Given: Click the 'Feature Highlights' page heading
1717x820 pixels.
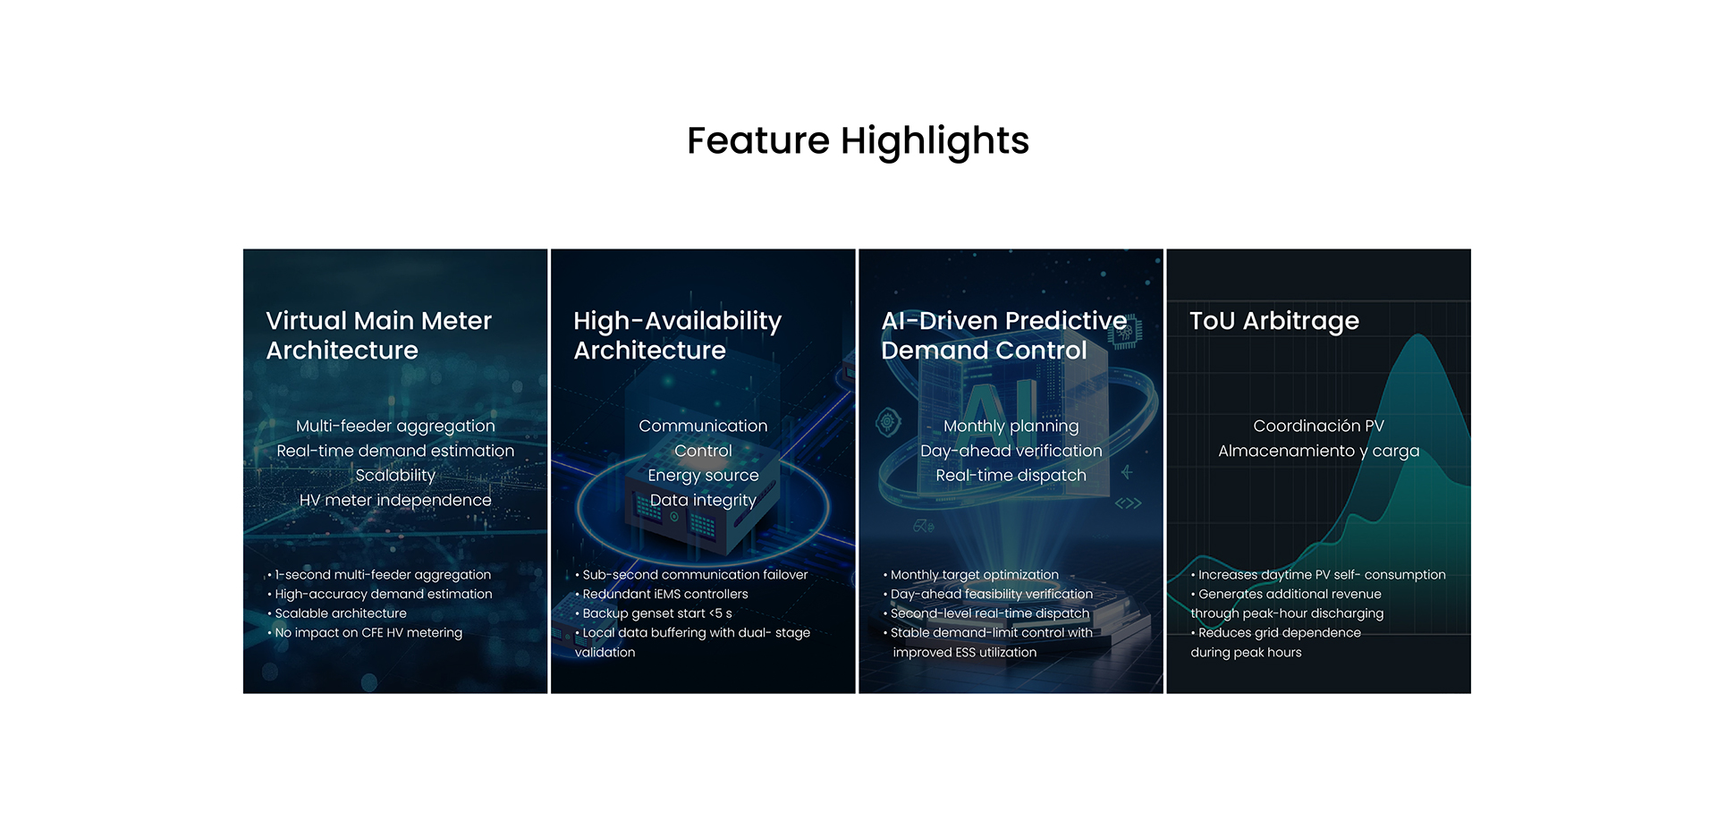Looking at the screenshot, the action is click(x=858, y=141).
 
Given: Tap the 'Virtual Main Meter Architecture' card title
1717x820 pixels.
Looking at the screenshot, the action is click(x=378, y=335).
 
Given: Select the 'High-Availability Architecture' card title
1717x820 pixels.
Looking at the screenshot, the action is click(x=677, y=335).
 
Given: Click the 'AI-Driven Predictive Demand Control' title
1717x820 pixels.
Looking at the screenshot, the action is click(x=1003, y=335).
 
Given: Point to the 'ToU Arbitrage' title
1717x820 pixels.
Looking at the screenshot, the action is click(x=1273, y=321).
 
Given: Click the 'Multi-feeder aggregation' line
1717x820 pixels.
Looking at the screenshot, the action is click(x=395, y=427).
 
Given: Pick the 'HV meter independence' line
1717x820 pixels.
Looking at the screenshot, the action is click(x=395, y=501).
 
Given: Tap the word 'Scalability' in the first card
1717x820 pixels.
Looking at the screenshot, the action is click(x=395, y=476).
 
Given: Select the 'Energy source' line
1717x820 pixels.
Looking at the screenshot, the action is click(x=703, y=476).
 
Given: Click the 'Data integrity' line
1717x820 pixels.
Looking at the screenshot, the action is click(x=703, y=501).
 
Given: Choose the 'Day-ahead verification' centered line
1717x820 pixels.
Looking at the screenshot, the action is click(x=1011, y=452).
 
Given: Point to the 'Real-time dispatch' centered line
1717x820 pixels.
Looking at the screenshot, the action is click(x=1011, y=476).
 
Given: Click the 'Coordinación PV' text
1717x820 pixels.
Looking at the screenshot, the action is click(x=1318, y=427).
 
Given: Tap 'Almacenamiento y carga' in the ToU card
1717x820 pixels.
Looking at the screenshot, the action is click(x=1318, y=452).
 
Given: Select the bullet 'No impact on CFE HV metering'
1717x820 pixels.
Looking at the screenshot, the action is click(x=365, y=633).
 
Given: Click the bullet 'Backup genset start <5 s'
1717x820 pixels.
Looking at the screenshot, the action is click(x=654, y=613).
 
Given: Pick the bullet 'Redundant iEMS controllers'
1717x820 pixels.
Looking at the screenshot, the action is click(x=662, y=594).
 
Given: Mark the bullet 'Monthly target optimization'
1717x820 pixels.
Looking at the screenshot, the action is click(x=971, y=575).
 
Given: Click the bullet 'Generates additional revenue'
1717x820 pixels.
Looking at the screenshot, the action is click(x=1286, y=594).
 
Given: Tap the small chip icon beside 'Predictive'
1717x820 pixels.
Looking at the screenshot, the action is click(x=1125, y=332).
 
